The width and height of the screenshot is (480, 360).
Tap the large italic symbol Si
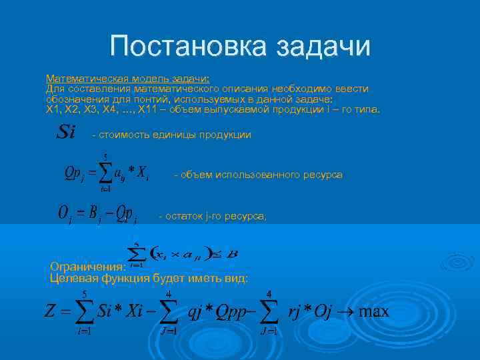[x=65, y=131]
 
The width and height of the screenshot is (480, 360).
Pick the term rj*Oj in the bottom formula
[x=309, y=312]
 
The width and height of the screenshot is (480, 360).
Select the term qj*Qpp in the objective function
[x=217, y=312]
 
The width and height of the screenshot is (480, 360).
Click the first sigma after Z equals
[x=84, y=313]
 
